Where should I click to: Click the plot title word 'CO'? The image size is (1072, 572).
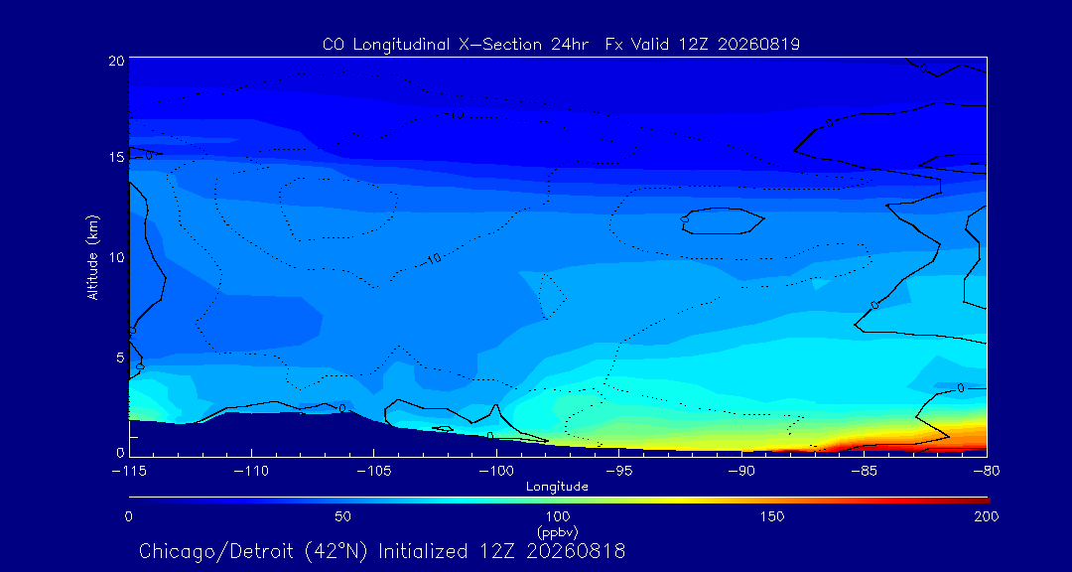pyautogui.click(x=332, y=45)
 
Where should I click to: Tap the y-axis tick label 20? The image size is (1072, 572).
pyautogui.click(x=116, y=61)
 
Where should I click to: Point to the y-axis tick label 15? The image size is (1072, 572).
pyautogui.click(x=116, y=157)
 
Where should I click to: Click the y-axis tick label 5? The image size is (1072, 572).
pyautogui.click(x=120, y=357)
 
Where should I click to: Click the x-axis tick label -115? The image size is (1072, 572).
pyautogui.click(x=129, y=472)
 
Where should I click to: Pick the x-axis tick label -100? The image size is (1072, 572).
pyautogui.click(x=496, y=472)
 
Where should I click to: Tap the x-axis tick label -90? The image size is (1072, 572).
pyautogui.click(x=741, y=472)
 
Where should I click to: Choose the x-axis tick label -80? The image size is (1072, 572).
pyautogui.click(x=987, y=472)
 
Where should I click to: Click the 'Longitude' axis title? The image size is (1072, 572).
pyautogui.click(x=557, y=488)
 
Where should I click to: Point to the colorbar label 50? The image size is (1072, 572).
pyautogui.click(x=343, y=516)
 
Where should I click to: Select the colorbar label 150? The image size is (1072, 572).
pyautogui.click(x=772, y=516)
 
